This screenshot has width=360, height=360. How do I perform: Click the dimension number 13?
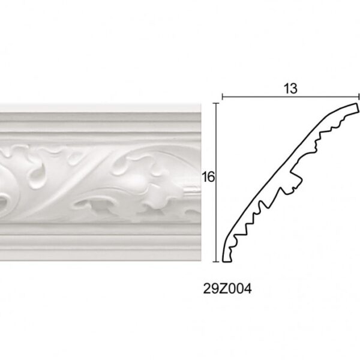pos(290,89)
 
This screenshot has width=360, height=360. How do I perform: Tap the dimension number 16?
pos(208,177)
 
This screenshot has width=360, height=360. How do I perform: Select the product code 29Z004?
pos(227,289)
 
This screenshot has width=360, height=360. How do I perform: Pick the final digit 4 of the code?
pos(247,289)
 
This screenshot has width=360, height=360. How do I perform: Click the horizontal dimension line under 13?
pos(290,97)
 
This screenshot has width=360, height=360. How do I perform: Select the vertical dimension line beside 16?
pos(216,182)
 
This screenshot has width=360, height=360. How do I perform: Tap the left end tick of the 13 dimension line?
pos(222,97)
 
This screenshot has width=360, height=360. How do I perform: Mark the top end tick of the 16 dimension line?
pos(216,103)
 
